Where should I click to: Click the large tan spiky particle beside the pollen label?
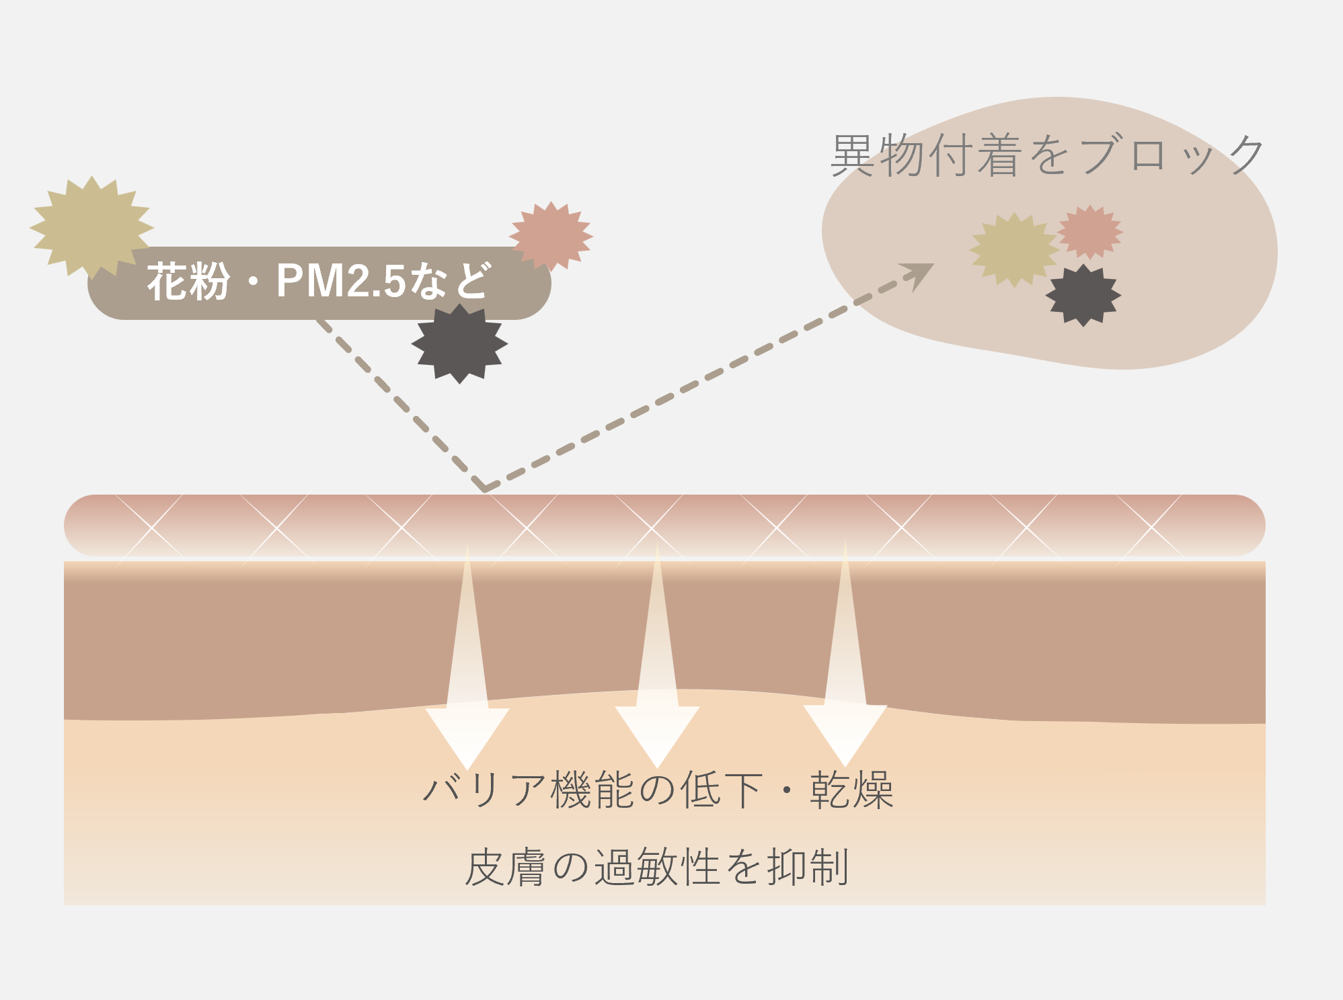pyautogui.click(x=91, y=227)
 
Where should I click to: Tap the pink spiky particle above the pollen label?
pyautogui.click(x=551, y=235)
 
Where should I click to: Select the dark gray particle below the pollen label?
pyautogui.click(x=459, y=343)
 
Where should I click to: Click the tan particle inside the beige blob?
pyautogui.click(x=1014, y=250)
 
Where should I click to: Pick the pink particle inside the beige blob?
pyautogui.click(x=1089, y=232)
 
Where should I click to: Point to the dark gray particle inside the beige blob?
pyautogui.click(x=1083, y=296)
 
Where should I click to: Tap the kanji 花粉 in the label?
pyautogui.click(x=188, y=282)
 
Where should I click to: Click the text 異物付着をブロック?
pyautogui.click(x=1048, y=155)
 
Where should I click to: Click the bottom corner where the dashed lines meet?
pyautogui.click(x=484, y=489)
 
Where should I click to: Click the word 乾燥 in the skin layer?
pyautogui.click(x=851, y=790)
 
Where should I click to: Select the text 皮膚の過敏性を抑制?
pyautogui.click(x=657, y=867)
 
